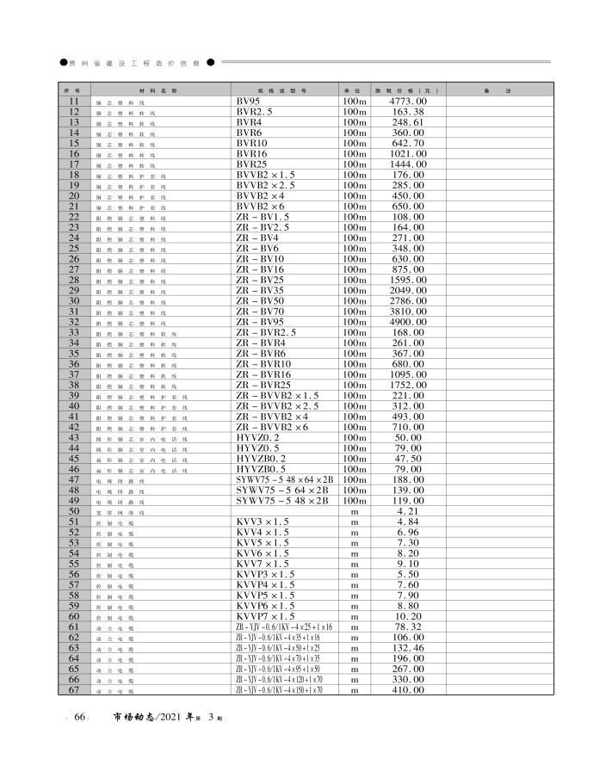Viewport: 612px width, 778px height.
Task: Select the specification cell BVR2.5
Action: tap(256, 113)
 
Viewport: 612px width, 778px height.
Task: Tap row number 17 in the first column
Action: tap(73, 164)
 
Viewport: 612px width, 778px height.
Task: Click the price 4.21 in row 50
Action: tap(408, 511)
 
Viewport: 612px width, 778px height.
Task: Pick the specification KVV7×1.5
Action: tap(263, 563)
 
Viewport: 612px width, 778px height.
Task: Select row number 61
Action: tap(73, 627)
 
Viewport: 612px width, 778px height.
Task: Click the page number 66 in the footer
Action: tap(79, 718)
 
